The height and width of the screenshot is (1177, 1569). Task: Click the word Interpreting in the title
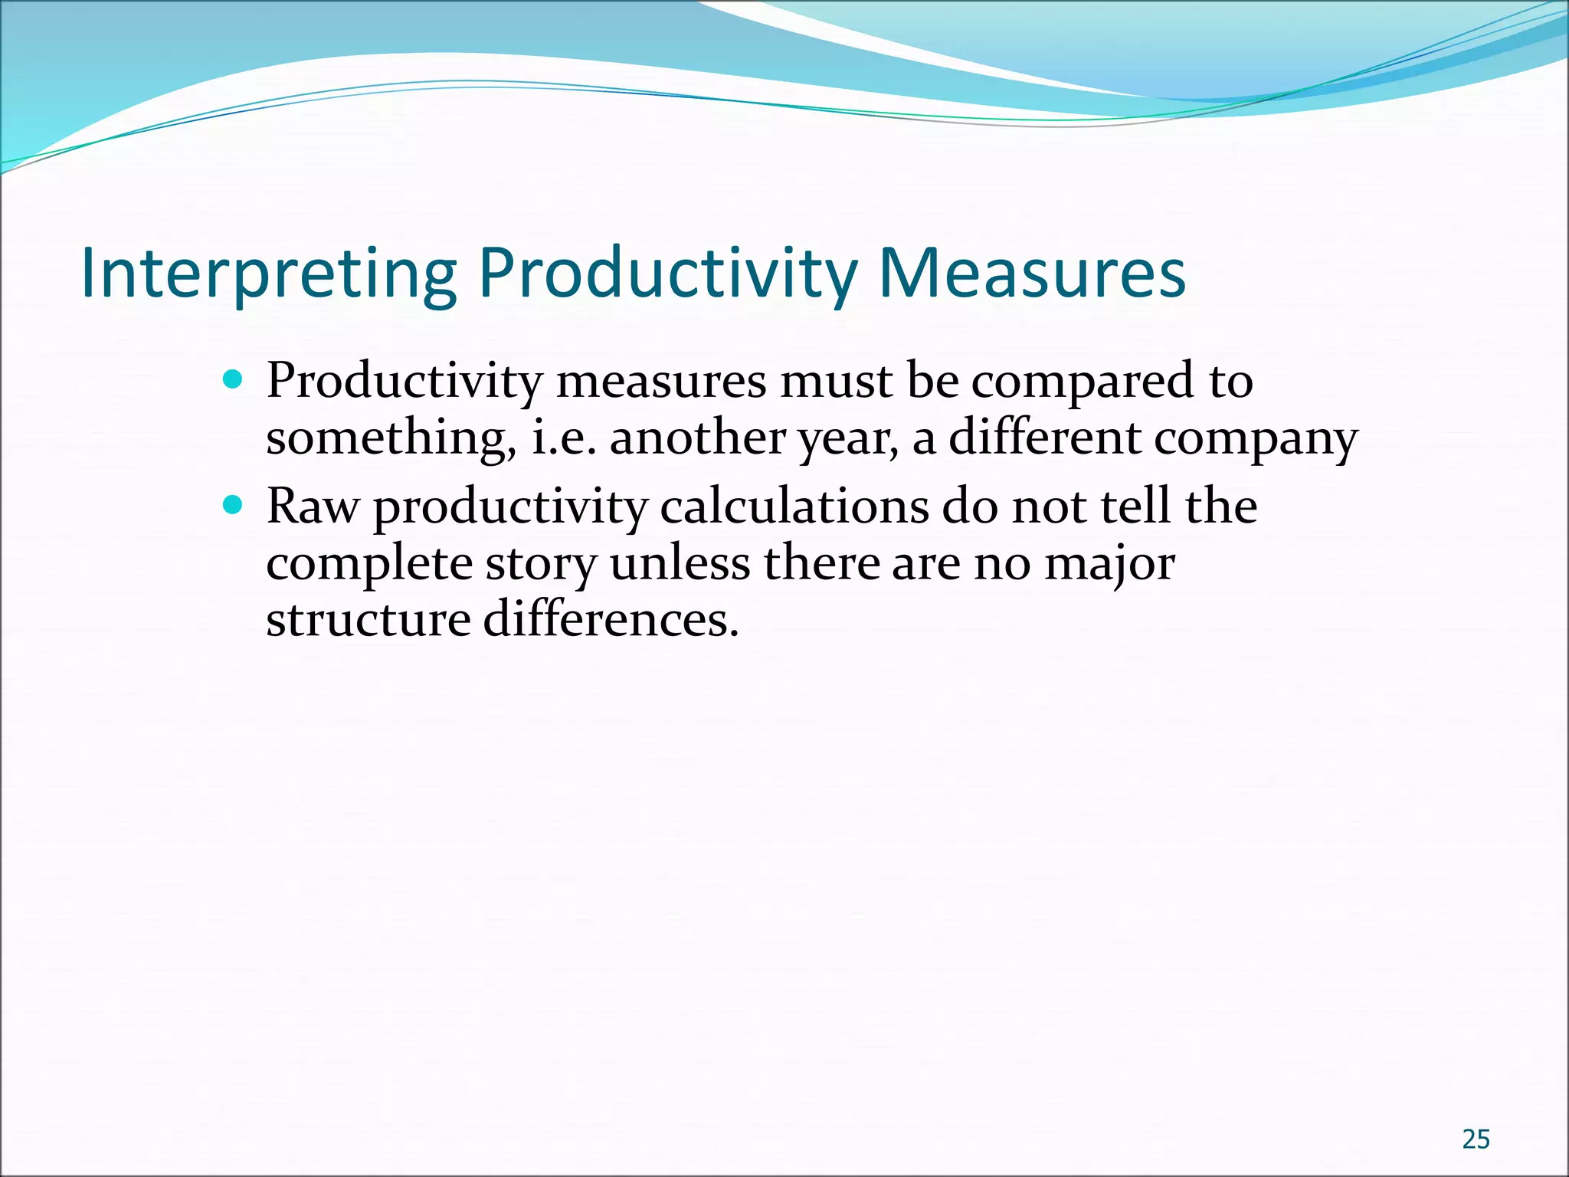tap(268, 274)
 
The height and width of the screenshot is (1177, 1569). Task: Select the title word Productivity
tap(667, 274)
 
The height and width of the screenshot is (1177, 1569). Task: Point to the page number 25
tap(1476, 1139)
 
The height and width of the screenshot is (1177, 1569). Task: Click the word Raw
tap(313, 507)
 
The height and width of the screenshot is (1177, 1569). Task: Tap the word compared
tap(1082, 382)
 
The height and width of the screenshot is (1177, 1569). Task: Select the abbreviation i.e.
tap(564, 438)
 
